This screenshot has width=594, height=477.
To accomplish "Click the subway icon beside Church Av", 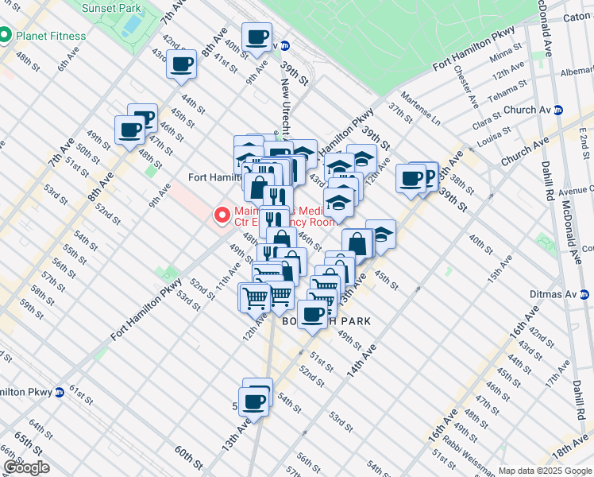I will coord(558,111).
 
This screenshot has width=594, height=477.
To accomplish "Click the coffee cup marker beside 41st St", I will coord(181,64).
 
